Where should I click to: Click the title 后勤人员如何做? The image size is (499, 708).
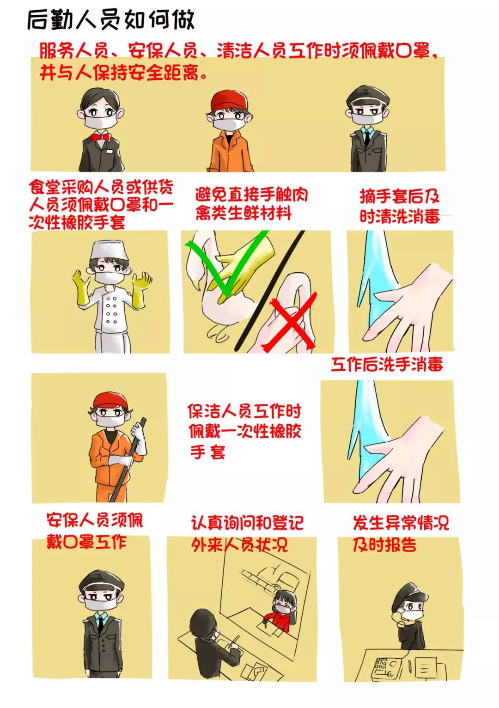pos(111,19)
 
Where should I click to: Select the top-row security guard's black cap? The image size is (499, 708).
pos(365,97)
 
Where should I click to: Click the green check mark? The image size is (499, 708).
pos(231,268)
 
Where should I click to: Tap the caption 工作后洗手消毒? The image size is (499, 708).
pos(387,364)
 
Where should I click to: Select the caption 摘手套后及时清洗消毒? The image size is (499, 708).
pos(400,206)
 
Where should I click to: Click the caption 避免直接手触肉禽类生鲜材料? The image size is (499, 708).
pos(250,203)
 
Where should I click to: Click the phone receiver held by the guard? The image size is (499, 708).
pos(396,617)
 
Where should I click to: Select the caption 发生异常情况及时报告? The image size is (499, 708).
pos(400,533)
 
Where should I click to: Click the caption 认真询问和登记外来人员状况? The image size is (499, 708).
pos(247,533)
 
